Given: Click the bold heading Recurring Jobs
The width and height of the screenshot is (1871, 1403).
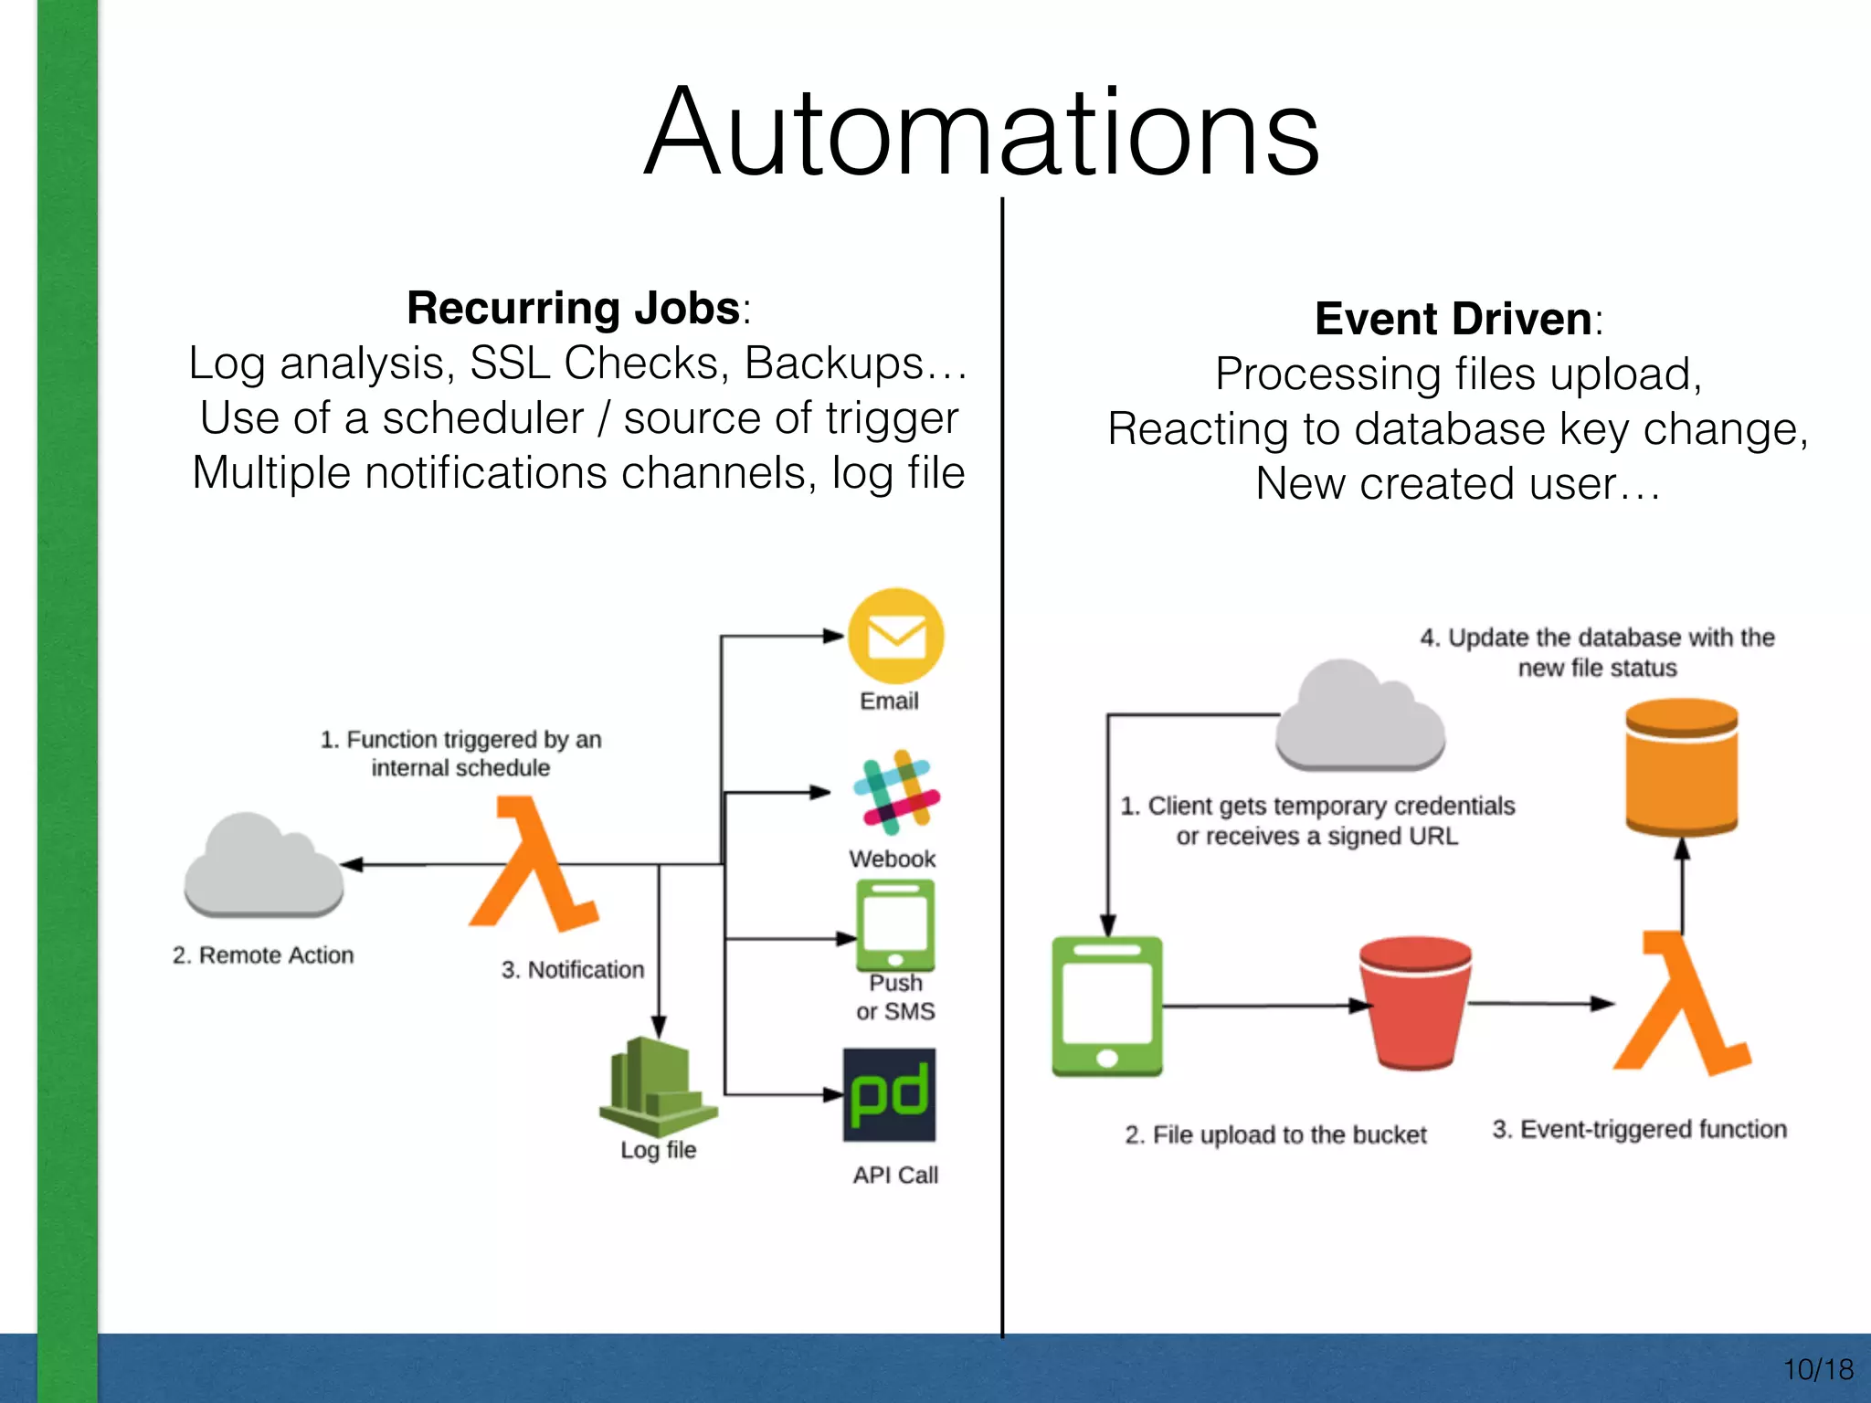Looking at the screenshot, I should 574,308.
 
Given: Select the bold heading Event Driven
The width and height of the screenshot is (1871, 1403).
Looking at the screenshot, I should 1453,319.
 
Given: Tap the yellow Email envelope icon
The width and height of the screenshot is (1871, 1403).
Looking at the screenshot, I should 895,636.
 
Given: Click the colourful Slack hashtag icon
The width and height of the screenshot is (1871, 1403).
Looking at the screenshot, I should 896,792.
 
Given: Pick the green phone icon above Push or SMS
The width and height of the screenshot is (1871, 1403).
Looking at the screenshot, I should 895,925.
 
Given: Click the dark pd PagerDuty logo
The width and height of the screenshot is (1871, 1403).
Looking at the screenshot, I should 889,1094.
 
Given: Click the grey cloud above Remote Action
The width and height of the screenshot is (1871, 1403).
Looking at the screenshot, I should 263,866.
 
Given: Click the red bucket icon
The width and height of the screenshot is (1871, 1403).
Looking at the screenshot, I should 1414,1003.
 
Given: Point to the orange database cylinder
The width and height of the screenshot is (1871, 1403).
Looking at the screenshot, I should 1682,767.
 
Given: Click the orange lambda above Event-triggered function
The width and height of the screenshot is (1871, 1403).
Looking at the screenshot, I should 1681,1005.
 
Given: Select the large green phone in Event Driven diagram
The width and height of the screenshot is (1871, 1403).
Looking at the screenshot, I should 1107,1006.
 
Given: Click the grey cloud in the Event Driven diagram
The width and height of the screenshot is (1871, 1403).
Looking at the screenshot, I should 1359,717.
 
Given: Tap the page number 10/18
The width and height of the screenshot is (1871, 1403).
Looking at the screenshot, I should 1817,1369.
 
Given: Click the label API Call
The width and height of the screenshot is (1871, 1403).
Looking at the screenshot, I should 895,1175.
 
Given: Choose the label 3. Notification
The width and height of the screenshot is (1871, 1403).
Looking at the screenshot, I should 573,969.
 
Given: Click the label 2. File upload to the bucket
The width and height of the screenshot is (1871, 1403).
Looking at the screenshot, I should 1275,1134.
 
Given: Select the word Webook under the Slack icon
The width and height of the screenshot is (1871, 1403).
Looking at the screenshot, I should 892,859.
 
